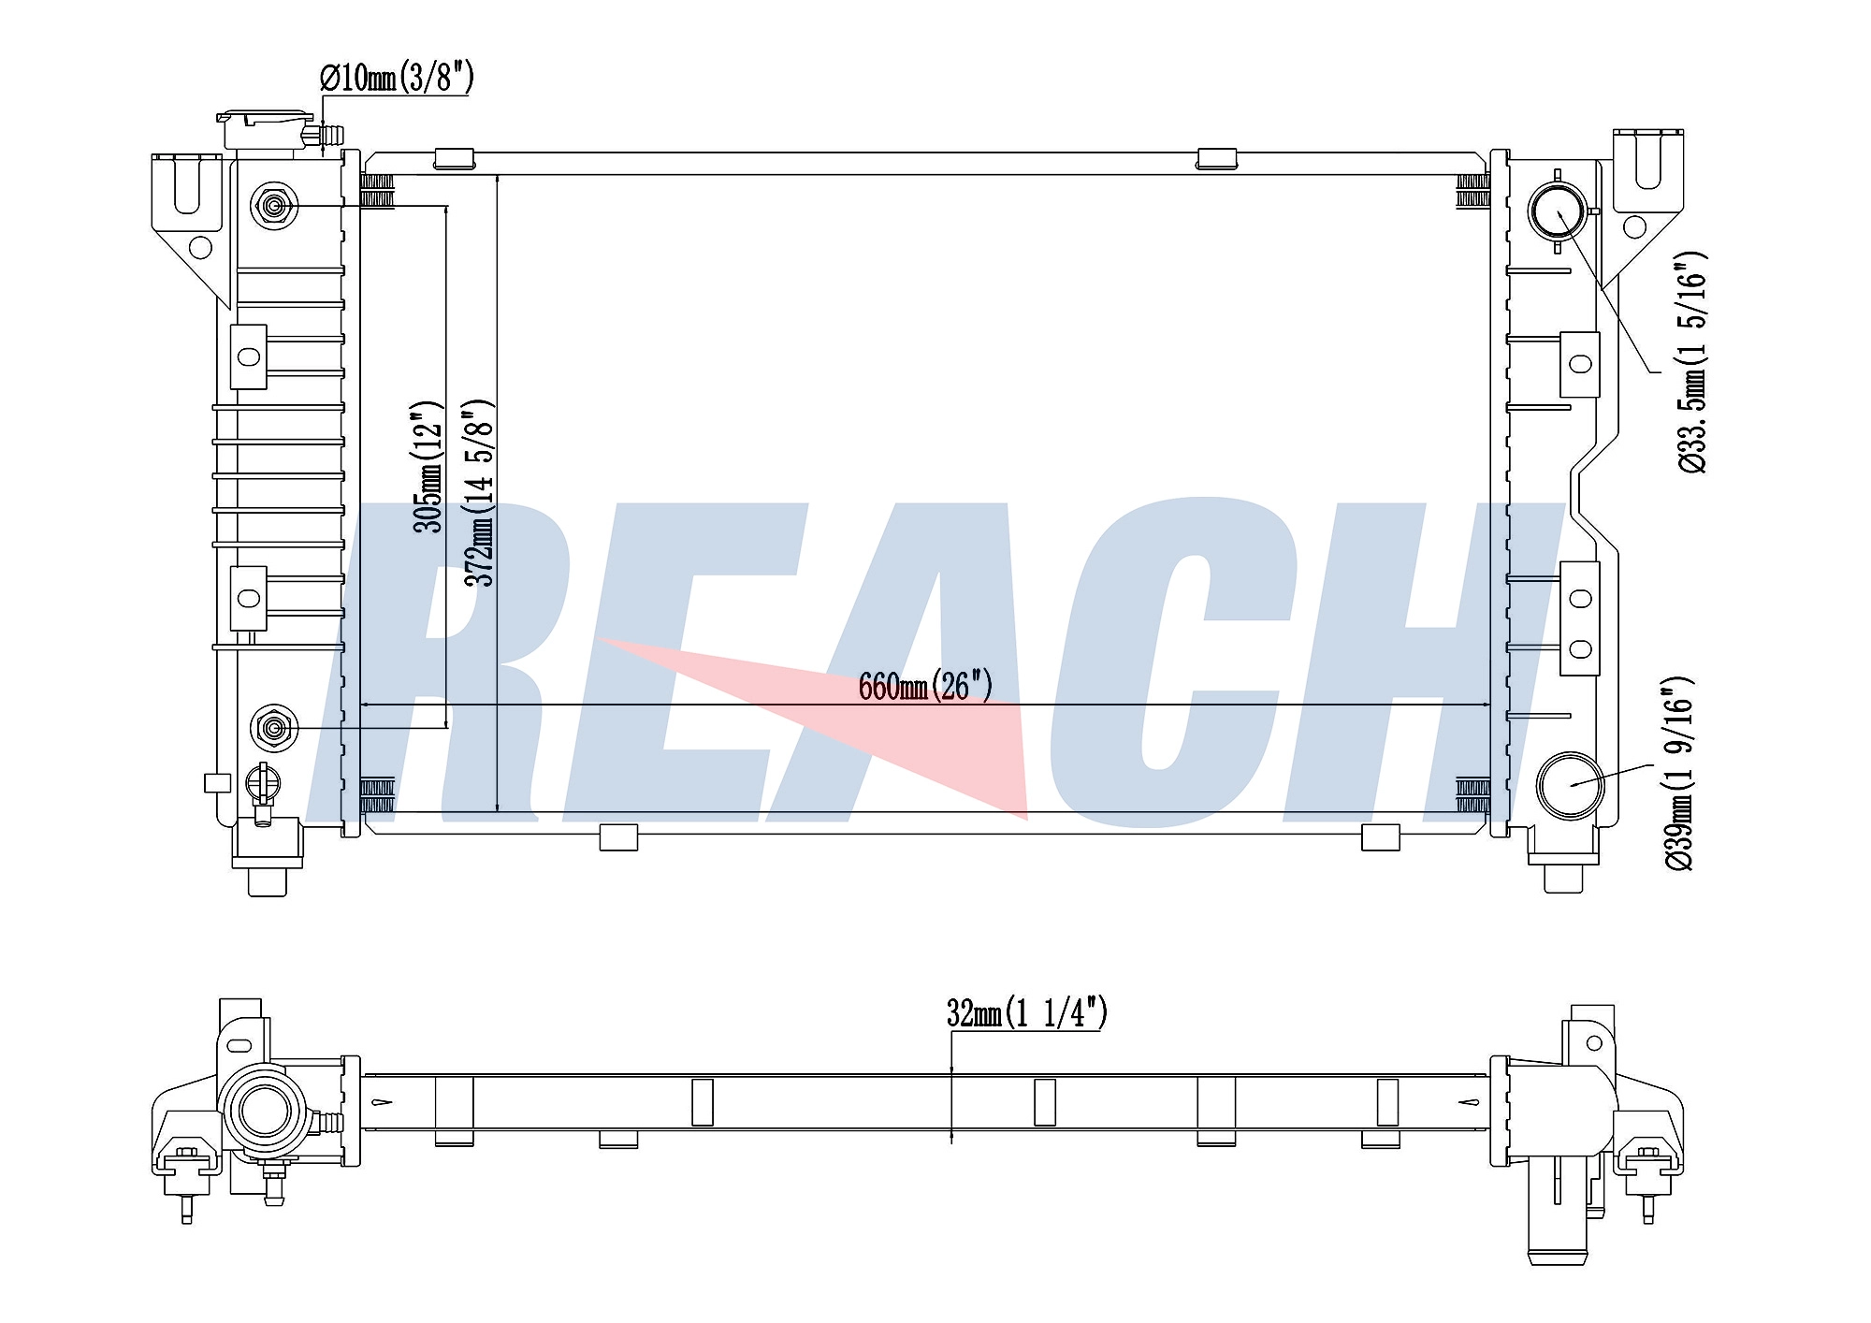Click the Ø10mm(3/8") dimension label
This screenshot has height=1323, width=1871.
pos(397,78)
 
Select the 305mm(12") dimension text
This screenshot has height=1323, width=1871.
pos(427,467)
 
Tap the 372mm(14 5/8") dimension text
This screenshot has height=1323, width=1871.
pos(478,492)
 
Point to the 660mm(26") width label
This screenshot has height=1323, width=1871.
pos(924,686)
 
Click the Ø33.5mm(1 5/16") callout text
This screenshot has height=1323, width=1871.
pos(1692,362)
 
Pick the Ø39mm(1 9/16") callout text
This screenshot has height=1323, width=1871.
pos(1678,773)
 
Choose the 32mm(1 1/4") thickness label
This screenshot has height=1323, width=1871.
pos(1026,1012)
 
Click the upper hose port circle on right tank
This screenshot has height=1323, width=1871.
pos(1559,211)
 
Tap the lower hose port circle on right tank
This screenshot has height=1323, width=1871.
pos(1572,785)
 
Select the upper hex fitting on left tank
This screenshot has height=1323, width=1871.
pos(274,205)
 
